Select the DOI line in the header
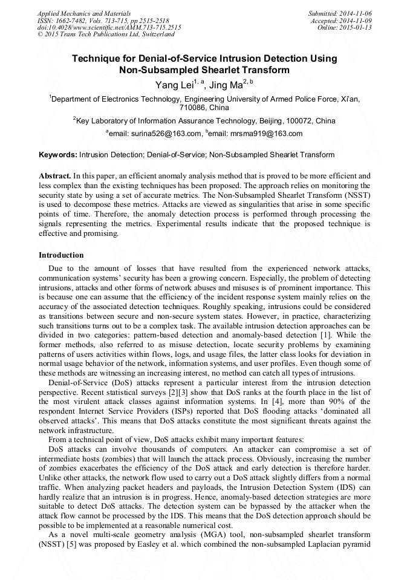109,27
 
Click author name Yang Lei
175,85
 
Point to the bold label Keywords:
57,155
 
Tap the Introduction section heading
61,255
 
